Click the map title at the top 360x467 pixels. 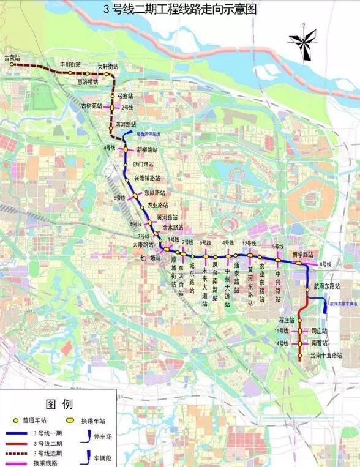pos(179,9)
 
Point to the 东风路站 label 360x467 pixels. pos(155,193)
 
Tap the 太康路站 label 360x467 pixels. pos(143,244)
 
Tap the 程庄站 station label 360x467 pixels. pos(287,320)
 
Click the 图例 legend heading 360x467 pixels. pos(59,404)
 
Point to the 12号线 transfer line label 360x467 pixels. pos(249,244)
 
